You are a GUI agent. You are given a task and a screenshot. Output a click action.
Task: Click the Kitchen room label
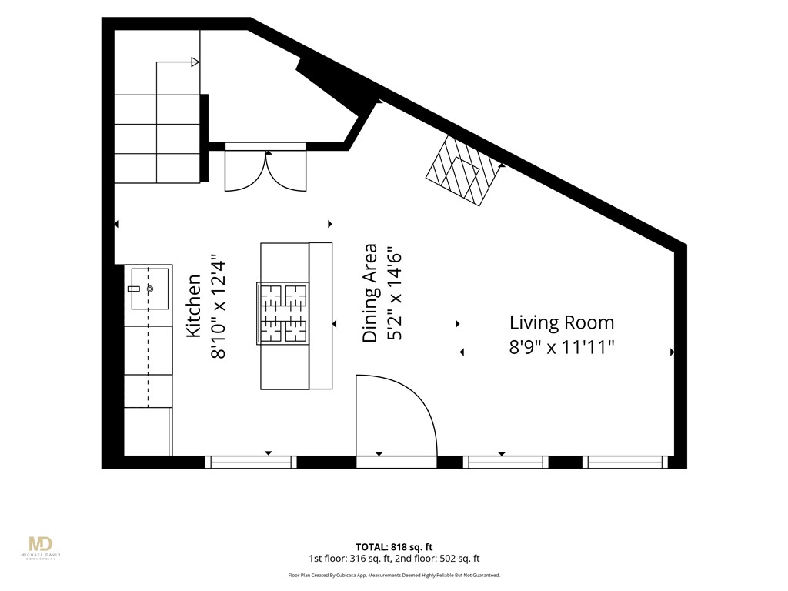(x=193, y=306)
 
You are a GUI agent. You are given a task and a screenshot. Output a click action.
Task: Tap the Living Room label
(x=562, y=322)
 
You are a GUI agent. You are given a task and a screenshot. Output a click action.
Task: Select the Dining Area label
(x=370, y=293)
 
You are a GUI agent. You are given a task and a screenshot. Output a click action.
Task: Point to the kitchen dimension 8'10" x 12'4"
(x=218, y=309)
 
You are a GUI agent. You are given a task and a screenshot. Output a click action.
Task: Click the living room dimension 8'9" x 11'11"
(x=562, y=347)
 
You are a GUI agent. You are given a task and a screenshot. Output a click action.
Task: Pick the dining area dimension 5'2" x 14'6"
(x=395, y=293)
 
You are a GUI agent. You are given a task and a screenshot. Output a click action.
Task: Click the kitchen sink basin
(x=150, y=289)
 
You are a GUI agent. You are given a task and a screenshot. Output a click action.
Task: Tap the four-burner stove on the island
(x=282, y=313)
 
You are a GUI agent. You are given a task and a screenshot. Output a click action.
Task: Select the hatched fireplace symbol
(x=464, y=171)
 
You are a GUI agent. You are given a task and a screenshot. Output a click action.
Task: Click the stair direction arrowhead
(x=195, y=62)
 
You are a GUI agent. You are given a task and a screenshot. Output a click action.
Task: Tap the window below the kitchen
(x=251, y=462)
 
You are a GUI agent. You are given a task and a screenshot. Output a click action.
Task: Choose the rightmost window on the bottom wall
(x=626, y=462)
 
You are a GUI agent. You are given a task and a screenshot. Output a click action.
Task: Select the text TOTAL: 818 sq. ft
(x=394, y=547)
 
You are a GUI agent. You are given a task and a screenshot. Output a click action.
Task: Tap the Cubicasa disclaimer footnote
(x=394, y=576)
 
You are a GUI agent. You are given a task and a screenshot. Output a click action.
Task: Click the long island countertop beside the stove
(x=320, y=316)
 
